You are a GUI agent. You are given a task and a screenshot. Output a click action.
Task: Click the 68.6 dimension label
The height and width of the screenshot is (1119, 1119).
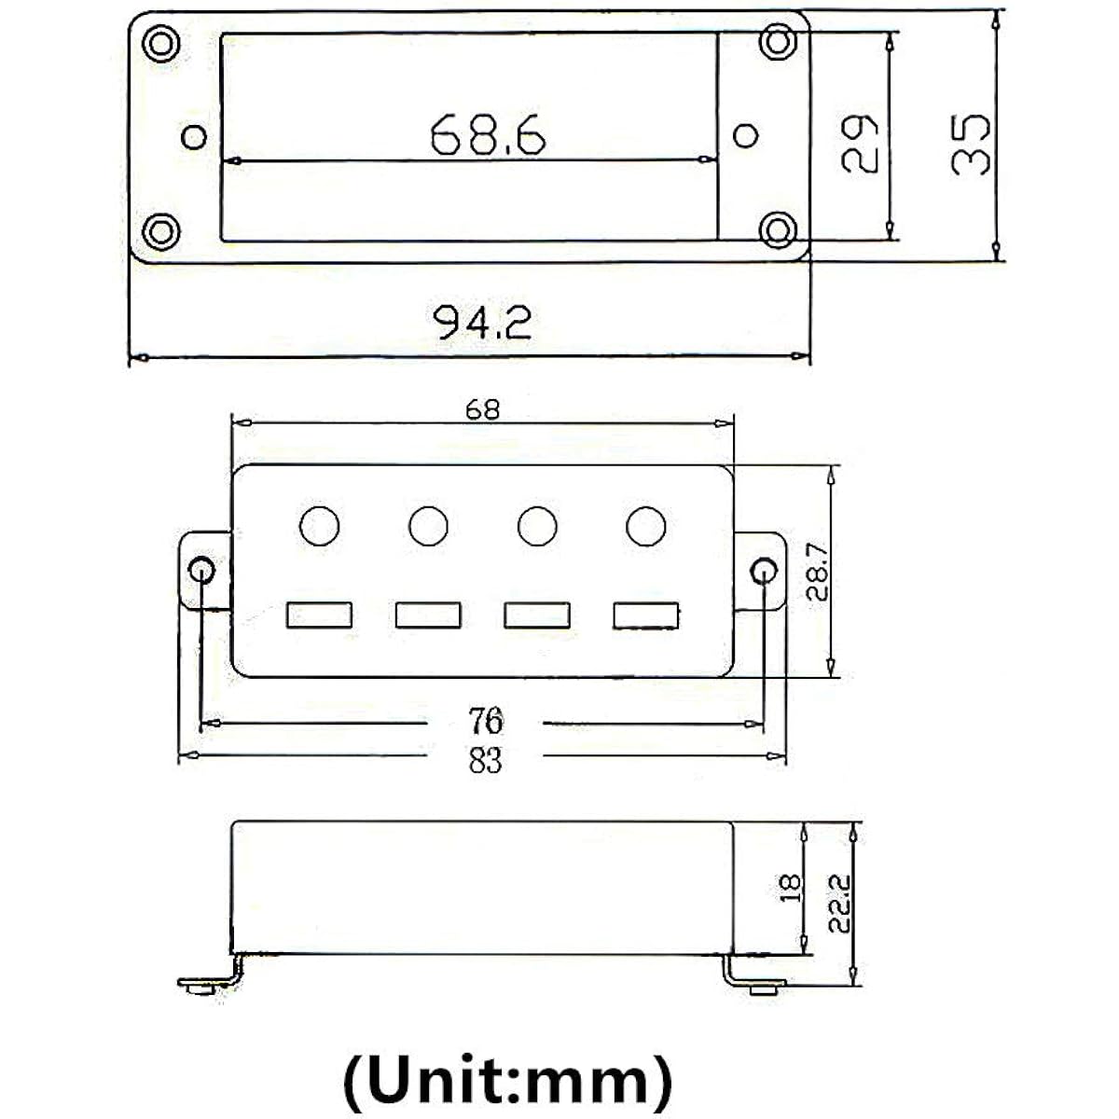tap(489, 134)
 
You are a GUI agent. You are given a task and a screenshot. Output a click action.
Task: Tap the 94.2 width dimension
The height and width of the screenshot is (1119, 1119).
tap(482, 323)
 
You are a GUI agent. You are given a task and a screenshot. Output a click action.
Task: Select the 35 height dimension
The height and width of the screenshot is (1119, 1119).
tap(971, 145)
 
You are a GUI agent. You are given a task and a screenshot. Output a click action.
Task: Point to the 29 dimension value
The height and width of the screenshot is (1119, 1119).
tap(860, 144)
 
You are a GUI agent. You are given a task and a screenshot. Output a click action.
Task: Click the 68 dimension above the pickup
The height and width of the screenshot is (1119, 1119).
tap(482, 410)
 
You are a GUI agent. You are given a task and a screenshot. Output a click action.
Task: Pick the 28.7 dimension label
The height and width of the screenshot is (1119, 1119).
tap(818, 572)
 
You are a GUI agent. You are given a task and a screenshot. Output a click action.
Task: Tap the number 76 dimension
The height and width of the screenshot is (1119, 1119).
tap(486, 721)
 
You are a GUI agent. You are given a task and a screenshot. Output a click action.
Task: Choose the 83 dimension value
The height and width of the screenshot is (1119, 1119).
tap(485, 760)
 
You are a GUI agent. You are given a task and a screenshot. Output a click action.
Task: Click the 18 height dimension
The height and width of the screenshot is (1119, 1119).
tap(791, 889)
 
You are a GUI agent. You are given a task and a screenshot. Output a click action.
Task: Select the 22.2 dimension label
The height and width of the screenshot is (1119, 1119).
tap(839, 904)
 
